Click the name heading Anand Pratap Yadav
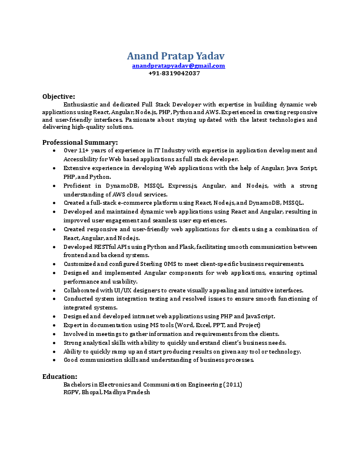click(x=175, y=56)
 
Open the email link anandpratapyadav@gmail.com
click(x=178, y=66)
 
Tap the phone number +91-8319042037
click(x=174, y=74)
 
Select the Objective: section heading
click(x=59, y=96)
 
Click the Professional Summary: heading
click(x=80, y=142)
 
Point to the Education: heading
click(x=59, y=376)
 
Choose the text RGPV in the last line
click(x=71, y=392)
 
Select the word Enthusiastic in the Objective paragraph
click(x=79, y=104)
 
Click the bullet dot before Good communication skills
click(x=54, y=360)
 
